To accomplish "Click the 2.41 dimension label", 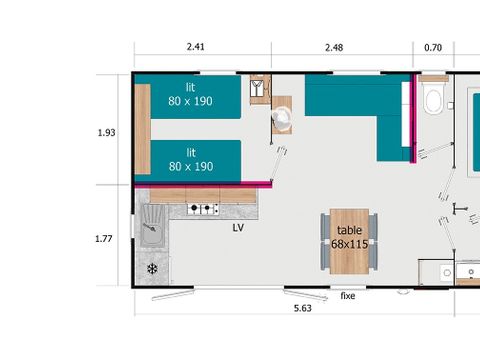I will click(196, 46).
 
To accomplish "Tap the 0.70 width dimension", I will click(432, 46).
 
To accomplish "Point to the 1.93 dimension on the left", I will click(108, 132).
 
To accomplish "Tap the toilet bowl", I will click(434, 100).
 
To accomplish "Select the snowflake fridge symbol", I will click(153, 269).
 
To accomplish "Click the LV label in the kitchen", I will click(239, 228).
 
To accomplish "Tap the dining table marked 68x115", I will click(349, 241).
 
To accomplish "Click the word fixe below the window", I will click(348, 296).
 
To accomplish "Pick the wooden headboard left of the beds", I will click(142, 129).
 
